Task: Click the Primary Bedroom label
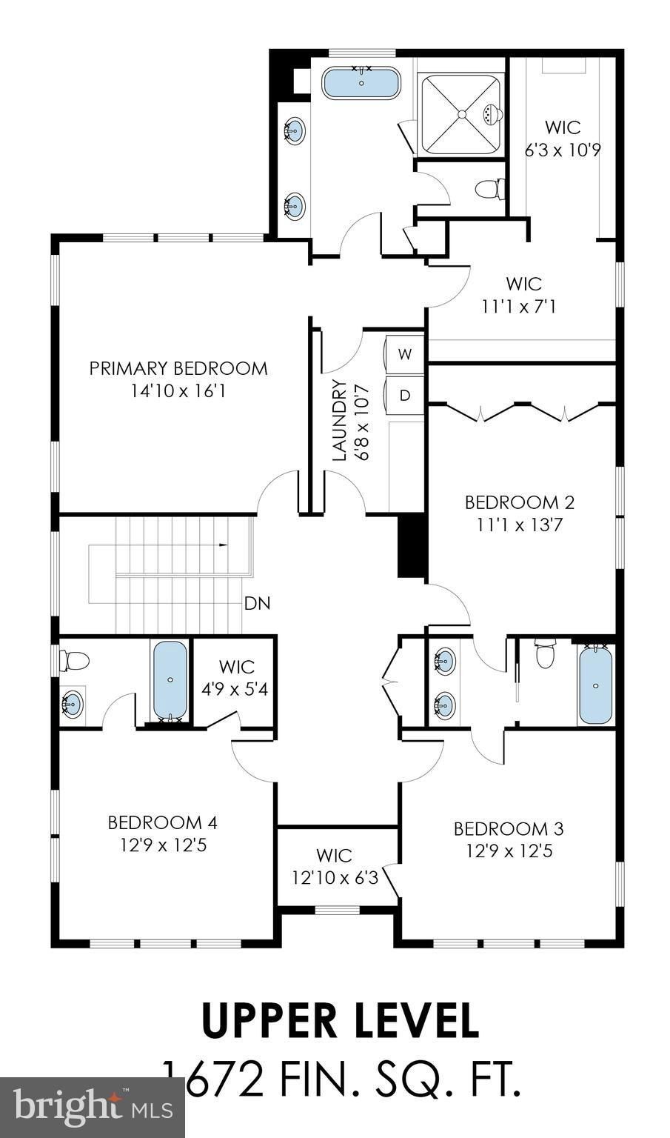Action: (x=178, y=368)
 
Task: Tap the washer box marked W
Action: (x=405, y=353)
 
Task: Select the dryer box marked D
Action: (x=405, y=395)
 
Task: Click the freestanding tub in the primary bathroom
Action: (x=361, y=82)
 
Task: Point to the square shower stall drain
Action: (x=461, y=114)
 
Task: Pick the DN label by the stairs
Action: (x=257, y=603)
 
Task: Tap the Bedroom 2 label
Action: (x=519, y=502)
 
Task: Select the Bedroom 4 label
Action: (x=162, y=822)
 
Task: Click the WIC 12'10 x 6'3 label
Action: (x=335, y=867)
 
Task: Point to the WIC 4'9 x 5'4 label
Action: (x=236, y=678)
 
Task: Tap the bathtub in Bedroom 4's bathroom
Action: (x=170, y=679)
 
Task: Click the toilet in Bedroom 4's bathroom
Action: (x=75, y=659)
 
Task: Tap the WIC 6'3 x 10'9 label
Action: (x=563, y=139)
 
